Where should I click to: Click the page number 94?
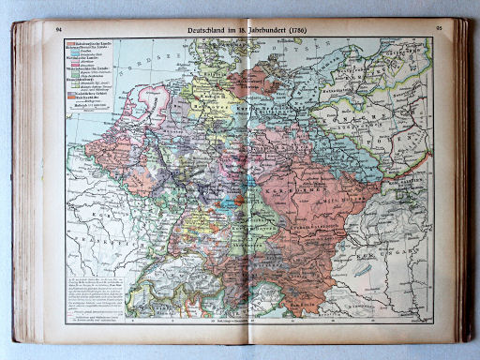point(59,31)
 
